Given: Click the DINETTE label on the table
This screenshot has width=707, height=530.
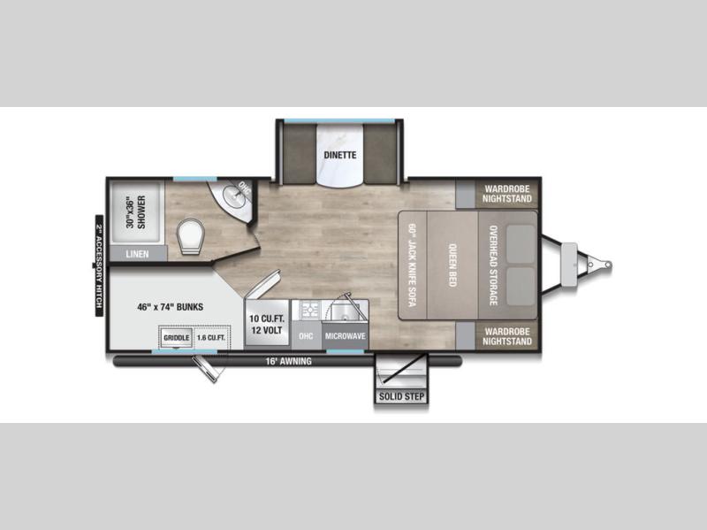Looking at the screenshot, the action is pyautogui.click(x=340, y=155).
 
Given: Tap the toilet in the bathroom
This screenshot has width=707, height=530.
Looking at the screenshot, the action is pyautogui.click(x=191, y=235).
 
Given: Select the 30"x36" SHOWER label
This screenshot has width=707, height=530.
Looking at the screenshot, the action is pyautogui.click(x=136, y=211).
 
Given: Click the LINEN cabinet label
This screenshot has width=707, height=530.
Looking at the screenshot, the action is pyautogui.click(x=137, y=254).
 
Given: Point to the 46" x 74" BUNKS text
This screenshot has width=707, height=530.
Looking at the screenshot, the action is pyautogui.click(x=170, y=307).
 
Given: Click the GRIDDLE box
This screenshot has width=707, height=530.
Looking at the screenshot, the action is pyautogui.click(x=176, y=338).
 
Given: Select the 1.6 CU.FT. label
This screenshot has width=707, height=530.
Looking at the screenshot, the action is pyautogui.click(x=210, y=338).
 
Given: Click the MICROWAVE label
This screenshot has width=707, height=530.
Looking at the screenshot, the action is pyautogui.click(x=345, y=336).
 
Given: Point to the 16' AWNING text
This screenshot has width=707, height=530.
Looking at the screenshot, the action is pyautogui.click(x=288, y=361).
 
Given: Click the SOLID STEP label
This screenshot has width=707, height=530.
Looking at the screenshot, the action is pyautogui.click(x=401, y=396).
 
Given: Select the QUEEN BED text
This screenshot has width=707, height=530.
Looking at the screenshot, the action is pyautogui.click(x=452, y=265).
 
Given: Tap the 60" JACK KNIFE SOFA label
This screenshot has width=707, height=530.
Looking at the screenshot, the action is pyautogui.click(x=412, y=265).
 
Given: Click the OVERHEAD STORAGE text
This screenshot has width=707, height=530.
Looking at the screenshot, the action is pyautogui.click(x=493, y=265).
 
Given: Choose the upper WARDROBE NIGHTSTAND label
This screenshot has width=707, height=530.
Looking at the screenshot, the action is pyautogui.click(x=507, y=194).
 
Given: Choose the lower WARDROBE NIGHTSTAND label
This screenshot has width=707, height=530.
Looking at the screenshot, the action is pyautogui.click(x=507, y=336).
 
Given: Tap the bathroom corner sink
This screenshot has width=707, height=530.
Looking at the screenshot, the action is pyautogui.click(x=235, y=196).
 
